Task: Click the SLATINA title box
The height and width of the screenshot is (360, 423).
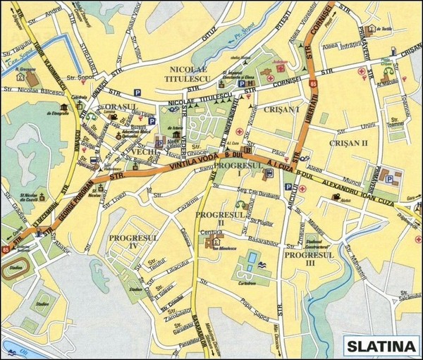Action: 380,346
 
